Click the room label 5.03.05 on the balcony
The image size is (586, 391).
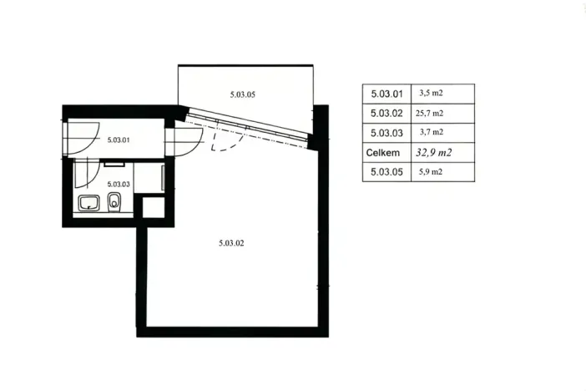pyautogui.click(x=243, y=94)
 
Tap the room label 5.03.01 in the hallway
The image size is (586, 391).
pyautogui.click(x=119, y=140)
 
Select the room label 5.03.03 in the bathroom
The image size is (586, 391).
pyautogui.click(x=119, y=184)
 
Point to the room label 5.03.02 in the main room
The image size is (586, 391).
pyautogui.click(x=231, y=243)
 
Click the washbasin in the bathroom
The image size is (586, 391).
pyautogui.click(x=89, y=203)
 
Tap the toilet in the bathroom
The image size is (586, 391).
pyautogui.click(x=114, y=202)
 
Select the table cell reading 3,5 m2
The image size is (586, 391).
pyautogui.click(x=431, y=93)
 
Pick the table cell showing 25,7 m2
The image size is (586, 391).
pyautogui.click(x=429, y=113)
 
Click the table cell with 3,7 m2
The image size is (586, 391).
pyautogui.click(x=432, y=132)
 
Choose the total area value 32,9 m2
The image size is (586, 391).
pyautogui.click(x=434, y=153)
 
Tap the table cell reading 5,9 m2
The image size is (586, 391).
pyautogui.click(x=431, y=172)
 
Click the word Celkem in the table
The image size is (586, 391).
pyautogui.click(x=383, y=153)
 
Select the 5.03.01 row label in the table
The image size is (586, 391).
pyautogui.click(x=386, y=94)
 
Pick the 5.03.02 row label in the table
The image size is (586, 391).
pyautogui.click(x=386, y=114)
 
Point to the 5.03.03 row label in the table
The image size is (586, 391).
pyautogui.click(x=386, y=133)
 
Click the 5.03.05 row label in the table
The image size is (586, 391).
pyautogui.click(x=386, y=172)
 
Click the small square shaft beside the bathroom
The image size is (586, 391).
pyautogui.click(x=154, y=206)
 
